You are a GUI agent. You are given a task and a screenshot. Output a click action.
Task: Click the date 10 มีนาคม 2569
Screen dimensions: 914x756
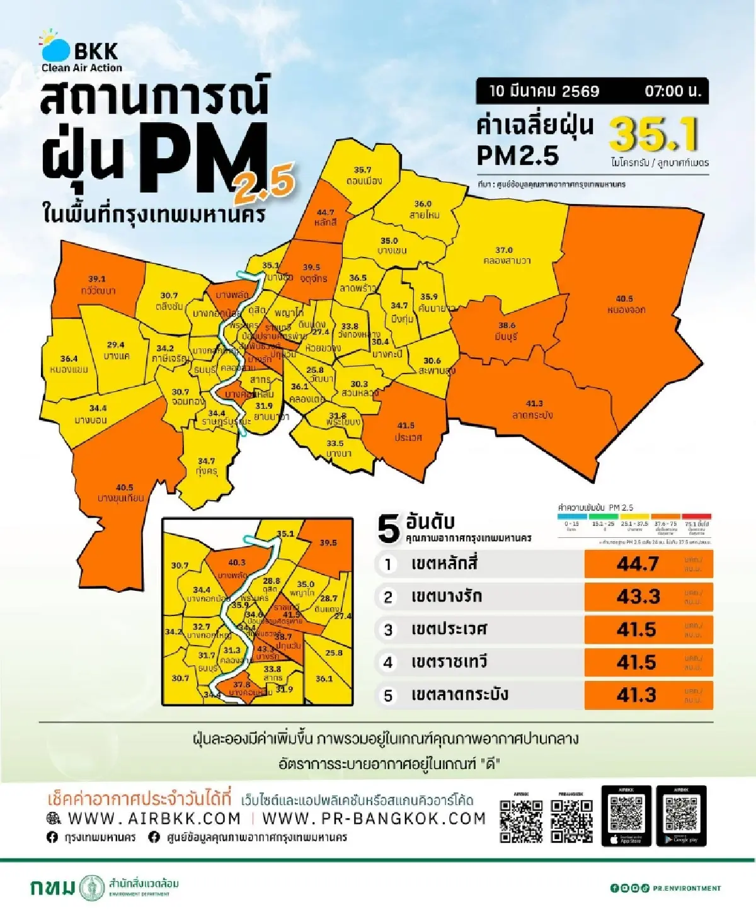(x=544, y=91)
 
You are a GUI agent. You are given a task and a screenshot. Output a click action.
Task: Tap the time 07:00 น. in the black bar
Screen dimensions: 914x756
(x=672, y=91)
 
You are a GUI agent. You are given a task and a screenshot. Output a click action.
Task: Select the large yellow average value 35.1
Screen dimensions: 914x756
(x=654, y=134)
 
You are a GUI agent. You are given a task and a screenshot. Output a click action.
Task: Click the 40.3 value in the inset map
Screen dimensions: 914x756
(x=236, y=563)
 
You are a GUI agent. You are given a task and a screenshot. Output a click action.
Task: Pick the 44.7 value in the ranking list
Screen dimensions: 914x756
(x=637, y=564)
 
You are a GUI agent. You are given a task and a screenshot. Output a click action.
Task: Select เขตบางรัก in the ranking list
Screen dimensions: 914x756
(x=446, y=596)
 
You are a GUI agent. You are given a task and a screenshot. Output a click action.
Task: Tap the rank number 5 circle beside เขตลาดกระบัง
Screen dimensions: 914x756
(x=388, y=695)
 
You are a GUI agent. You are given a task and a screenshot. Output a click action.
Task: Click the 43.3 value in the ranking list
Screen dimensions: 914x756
(x=638, y=597)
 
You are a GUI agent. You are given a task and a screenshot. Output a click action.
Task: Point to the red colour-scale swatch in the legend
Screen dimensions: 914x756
(x=696, y=517)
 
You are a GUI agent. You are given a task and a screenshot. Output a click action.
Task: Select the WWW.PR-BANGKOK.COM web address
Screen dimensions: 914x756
(x=374, y=818)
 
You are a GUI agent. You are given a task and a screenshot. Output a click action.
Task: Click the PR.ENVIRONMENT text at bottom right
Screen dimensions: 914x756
(x=686, y=888)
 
